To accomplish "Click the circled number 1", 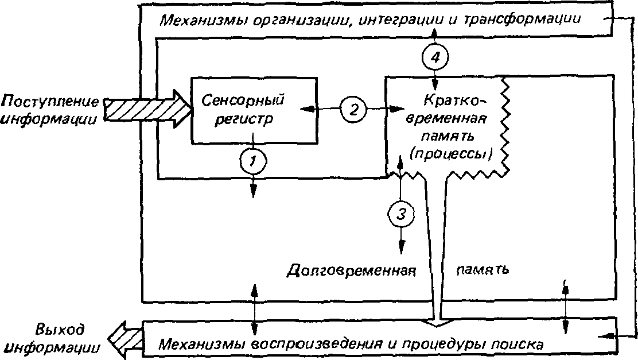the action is (253, 161).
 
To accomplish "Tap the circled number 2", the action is (353, 109).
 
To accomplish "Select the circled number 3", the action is (401, 214).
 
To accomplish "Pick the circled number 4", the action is (435, 57).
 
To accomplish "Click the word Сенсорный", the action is (243, 100).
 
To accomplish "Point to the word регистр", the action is (243, 119).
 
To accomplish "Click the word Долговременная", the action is (352, 270).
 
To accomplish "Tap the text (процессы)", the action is (451, 154).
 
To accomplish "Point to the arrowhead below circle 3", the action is (402, 247).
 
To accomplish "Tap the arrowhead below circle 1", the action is (253, 190).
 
